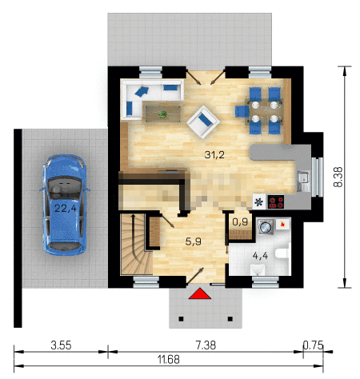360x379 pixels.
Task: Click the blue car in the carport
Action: tap(65, 205)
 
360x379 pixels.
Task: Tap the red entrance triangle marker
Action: tap(200, 293)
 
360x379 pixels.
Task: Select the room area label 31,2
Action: tap(214, 154)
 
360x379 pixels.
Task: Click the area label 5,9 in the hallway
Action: tap(193, 241)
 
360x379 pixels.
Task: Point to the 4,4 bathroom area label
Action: tap(260, 256)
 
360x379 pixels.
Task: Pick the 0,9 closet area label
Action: tap(240, 221)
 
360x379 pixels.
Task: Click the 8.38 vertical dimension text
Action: tap(338, 177)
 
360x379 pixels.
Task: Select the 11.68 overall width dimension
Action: tap(169, 360)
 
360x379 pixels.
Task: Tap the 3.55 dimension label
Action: tap(61, 345)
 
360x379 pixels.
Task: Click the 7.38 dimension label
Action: tap(206, 345)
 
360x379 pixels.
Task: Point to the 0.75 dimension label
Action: tap(313, 345)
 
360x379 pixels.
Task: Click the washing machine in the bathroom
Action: tap(266, 227)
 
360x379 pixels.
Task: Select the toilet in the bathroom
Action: tap(282, 253)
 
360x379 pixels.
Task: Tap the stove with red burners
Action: tap(276, 201)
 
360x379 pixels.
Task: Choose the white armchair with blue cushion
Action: tap(203, 122)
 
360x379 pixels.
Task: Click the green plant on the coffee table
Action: tap(162, 114)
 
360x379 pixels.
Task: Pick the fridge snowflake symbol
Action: tap(258, 201)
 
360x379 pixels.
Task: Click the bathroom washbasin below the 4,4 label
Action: tap(258, 269)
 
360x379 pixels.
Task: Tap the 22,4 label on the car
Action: tap(66, 208)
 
